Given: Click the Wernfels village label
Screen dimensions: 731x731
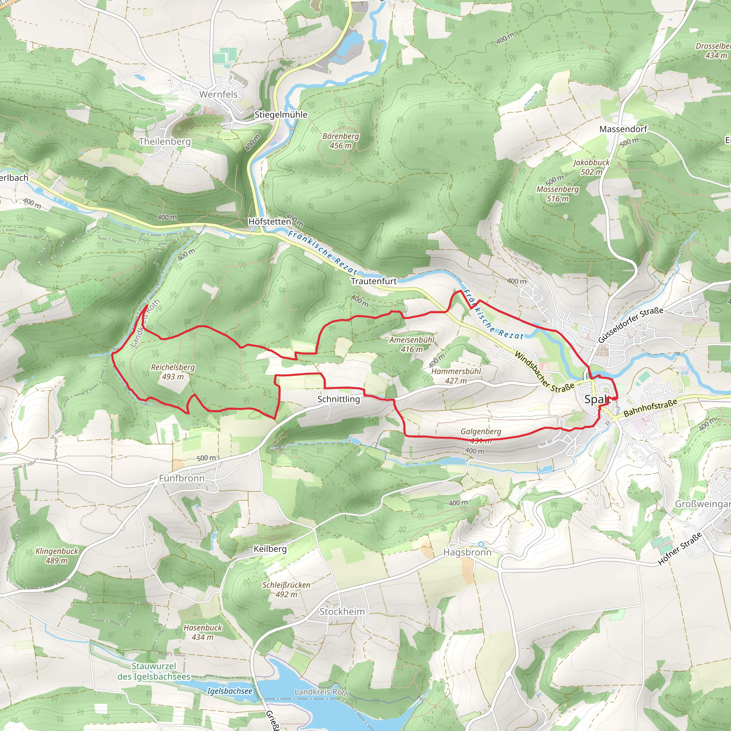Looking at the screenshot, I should click(218, 94).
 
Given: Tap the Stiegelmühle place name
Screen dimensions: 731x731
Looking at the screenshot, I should click(281, 115).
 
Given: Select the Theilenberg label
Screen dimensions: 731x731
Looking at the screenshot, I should click(165, 141).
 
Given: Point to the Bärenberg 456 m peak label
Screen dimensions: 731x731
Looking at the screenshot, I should click(341, 141).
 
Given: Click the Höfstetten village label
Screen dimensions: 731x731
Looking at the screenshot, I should click(269, 221).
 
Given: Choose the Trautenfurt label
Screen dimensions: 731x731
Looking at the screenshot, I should click(373, 281).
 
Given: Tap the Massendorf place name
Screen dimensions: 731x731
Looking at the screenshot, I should click(623, 129).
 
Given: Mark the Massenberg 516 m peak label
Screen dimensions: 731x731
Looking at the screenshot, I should click(557, 194).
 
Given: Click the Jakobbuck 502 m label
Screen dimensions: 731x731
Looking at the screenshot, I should click(591, 167).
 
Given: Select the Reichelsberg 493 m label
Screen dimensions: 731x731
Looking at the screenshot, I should click(172, 372).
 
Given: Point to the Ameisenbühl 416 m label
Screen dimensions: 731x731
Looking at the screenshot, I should click(412, 344).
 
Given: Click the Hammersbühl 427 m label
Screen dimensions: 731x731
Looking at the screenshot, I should click(455, 376).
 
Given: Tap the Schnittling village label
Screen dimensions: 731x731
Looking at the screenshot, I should click(338, 399).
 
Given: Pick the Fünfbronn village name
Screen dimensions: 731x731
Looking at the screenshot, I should click(182, 478).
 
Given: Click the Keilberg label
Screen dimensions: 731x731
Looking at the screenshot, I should click(270, 549).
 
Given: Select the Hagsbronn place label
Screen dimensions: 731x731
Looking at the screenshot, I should click(467, 553).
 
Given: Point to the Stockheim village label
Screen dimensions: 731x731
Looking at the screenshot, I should click(342, 611).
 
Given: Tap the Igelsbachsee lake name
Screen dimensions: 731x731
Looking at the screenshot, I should click(229, 691).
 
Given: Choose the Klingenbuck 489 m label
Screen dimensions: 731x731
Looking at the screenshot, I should click(57, 556).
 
